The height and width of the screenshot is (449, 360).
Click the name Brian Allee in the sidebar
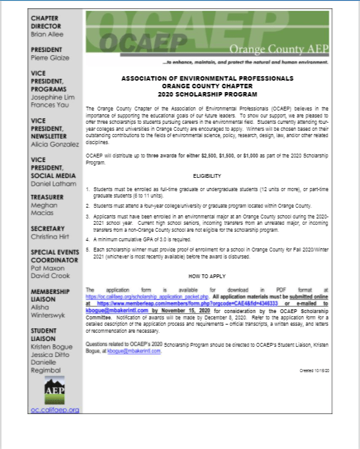47,34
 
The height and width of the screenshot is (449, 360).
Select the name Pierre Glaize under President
48,58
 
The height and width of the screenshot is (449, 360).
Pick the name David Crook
49,275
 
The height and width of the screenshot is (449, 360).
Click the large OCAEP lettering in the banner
132,43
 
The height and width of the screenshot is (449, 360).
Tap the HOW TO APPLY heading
207,277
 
